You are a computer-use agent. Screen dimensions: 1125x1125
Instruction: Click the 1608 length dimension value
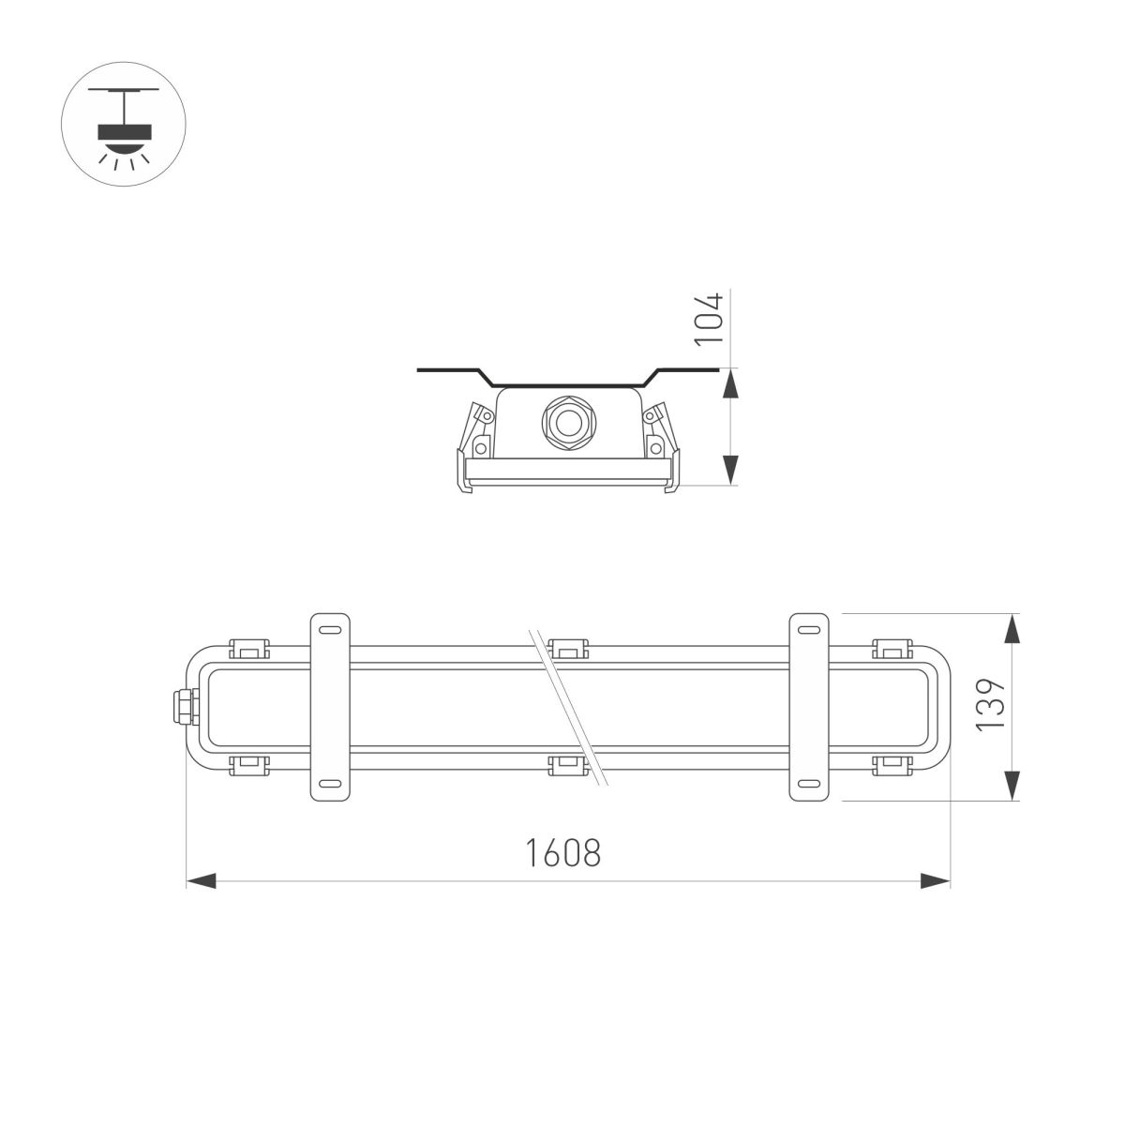[x=562, y=853]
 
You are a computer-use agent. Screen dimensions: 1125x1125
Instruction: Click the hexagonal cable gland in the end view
[x=566, y=423]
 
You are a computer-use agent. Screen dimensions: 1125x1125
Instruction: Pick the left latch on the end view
[x=473, y=446]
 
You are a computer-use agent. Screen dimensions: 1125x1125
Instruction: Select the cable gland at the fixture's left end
[x=178, y=706]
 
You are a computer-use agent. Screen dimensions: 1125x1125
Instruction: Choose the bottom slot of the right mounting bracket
[x=809, y=784]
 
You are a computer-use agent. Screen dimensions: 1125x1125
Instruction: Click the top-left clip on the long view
[x=248, y=648]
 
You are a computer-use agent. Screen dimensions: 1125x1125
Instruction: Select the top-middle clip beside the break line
[x=568, y=648]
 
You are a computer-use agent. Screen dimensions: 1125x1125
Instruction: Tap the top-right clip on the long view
[x=891, y=648]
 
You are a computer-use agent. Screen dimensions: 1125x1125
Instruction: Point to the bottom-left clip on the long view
[x=248, y=765]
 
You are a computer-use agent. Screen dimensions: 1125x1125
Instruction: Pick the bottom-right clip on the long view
[x=891, y=765]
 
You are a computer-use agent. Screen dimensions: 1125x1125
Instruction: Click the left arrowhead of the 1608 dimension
[x=201, y=880]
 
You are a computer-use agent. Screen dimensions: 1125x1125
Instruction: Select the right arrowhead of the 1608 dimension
[x=936, y=880]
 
